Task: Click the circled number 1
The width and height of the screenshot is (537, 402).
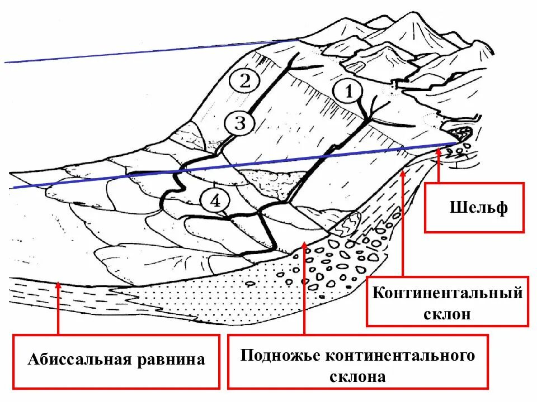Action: point(348,91)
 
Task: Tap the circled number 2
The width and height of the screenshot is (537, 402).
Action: point(244,82)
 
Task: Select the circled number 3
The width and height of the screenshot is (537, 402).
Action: point(239,123)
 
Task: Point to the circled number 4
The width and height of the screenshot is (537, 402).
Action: point(215,200)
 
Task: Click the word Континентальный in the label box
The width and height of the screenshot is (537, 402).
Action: point(447,293)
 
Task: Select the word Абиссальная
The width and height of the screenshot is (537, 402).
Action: point(78,359)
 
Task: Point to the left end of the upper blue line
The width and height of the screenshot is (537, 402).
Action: point(6,63)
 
